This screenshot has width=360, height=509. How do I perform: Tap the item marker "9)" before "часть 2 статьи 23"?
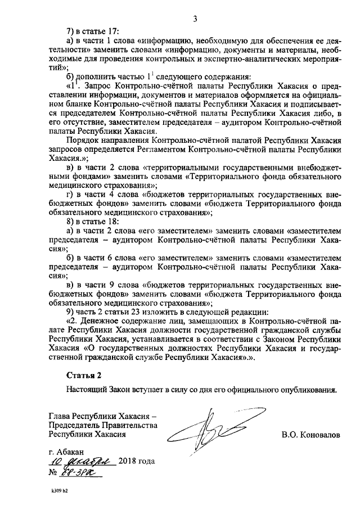pyautogui.click(x=71, y=311)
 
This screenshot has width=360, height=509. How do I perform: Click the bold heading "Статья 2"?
pyautogui.click(x=84, y=373)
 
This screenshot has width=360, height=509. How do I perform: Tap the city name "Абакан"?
pyautogui.click(x=71, y=452)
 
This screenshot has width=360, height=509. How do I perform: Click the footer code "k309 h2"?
pyautogui.click(x=57, y=497)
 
